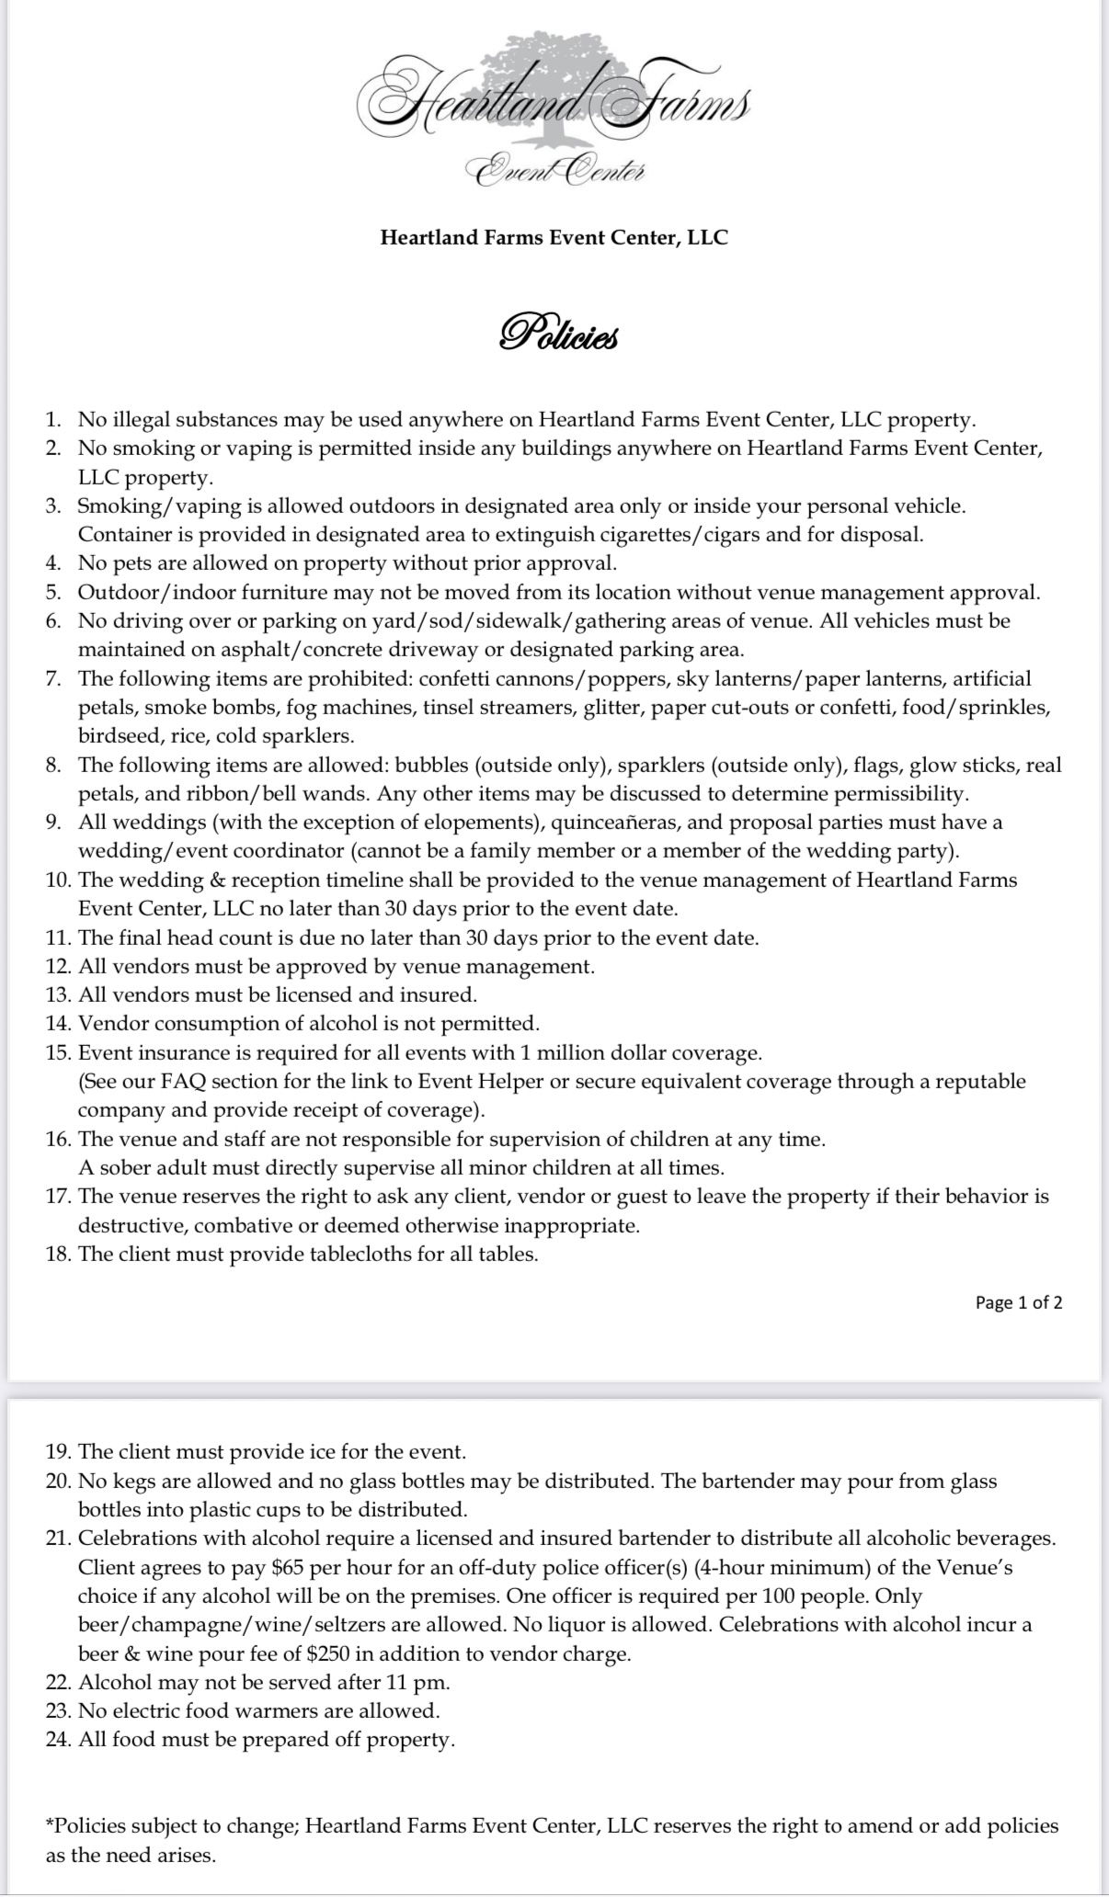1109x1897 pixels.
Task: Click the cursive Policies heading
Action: click(x=558, y=334)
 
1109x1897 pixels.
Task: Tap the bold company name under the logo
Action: click(x=554, y=237)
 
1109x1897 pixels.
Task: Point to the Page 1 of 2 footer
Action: click(x=1018, y=1302)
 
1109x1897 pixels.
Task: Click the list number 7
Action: click(x=53, y=679)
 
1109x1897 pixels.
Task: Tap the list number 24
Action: click(x=59, y=1740)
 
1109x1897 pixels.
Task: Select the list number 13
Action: click(x=59, y=994)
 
